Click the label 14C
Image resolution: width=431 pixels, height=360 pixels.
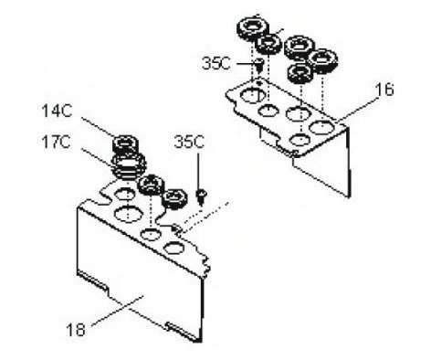click(57, 111)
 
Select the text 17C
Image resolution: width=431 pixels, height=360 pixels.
click(57, 142)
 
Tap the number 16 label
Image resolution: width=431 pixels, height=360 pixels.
click(384, 90)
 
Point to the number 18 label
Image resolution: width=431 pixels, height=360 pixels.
click(76, 330)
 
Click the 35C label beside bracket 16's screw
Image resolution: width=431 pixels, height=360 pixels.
click(216, 64)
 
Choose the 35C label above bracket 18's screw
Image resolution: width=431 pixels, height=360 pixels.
click(189, 142)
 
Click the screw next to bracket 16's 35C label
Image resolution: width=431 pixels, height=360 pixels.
click(258, 65)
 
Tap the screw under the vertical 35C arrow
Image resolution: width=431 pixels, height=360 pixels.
click(201, 196)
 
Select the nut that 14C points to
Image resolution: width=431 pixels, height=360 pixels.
click(125, 144)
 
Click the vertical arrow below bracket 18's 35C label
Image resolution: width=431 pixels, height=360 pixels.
click(199, 171)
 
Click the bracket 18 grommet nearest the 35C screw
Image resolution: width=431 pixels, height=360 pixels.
click(173, 199)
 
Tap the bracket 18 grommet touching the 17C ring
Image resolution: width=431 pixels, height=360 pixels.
click(151, 185)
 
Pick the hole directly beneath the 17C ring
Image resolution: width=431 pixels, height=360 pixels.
click(124, 194)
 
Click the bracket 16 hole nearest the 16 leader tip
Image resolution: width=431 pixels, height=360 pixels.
click(321, 127)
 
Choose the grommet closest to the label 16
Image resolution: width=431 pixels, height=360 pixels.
click(322, 59)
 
